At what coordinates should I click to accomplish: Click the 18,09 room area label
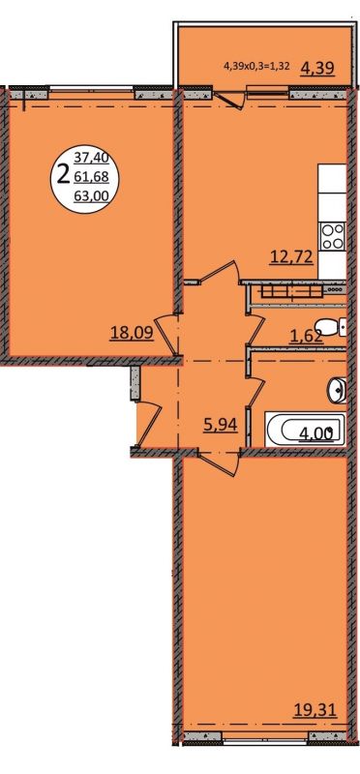(x=132, y=333)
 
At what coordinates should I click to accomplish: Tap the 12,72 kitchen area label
(x=291, y=256)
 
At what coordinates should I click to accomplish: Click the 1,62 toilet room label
(x=306, y=336)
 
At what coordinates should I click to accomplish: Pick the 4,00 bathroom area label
(x=316, y=433)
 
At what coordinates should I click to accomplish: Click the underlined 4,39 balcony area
(x=318, y=68)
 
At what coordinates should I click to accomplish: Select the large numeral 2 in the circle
(x=63, y=174)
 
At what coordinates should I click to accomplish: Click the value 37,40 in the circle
(x=91, y=159)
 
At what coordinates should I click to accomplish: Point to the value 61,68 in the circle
(x=91, y=176)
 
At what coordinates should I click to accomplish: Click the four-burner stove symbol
(x=333, y=237)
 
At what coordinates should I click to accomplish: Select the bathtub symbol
(x=306, y=430)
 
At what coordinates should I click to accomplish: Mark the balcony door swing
(x=229, y=99)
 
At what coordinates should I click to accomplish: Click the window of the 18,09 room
(x=91, y=90)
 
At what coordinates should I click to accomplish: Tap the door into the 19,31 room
(x=219, y=461)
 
